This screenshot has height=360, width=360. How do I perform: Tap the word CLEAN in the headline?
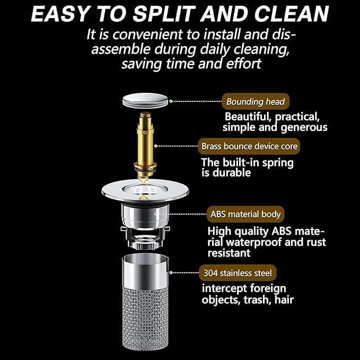(292, 14)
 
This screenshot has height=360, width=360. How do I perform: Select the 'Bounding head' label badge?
(256, 101)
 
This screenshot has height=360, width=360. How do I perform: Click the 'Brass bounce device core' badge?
(249, 146)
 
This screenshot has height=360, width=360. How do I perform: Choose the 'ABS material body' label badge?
(245, 214)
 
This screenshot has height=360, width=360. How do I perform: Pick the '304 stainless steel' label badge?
(238, 273)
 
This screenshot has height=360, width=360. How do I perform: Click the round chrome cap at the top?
(145, 100)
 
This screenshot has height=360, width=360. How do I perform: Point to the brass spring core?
(145, 147)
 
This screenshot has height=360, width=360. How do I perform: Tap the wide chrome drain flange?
(145, 191)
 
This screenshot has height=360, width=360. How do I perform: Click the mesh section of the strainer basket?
(145, 318)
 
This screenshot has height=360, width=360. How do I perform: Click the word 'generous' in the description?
(304, 128)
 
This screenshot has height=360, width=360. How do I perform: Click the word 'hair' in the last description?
(284, 300)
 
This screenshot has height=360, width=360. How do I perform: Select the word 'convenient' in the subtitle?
(148, 34)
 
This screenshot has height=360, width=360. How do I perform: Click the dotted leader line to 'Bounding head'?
(196, 101)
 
